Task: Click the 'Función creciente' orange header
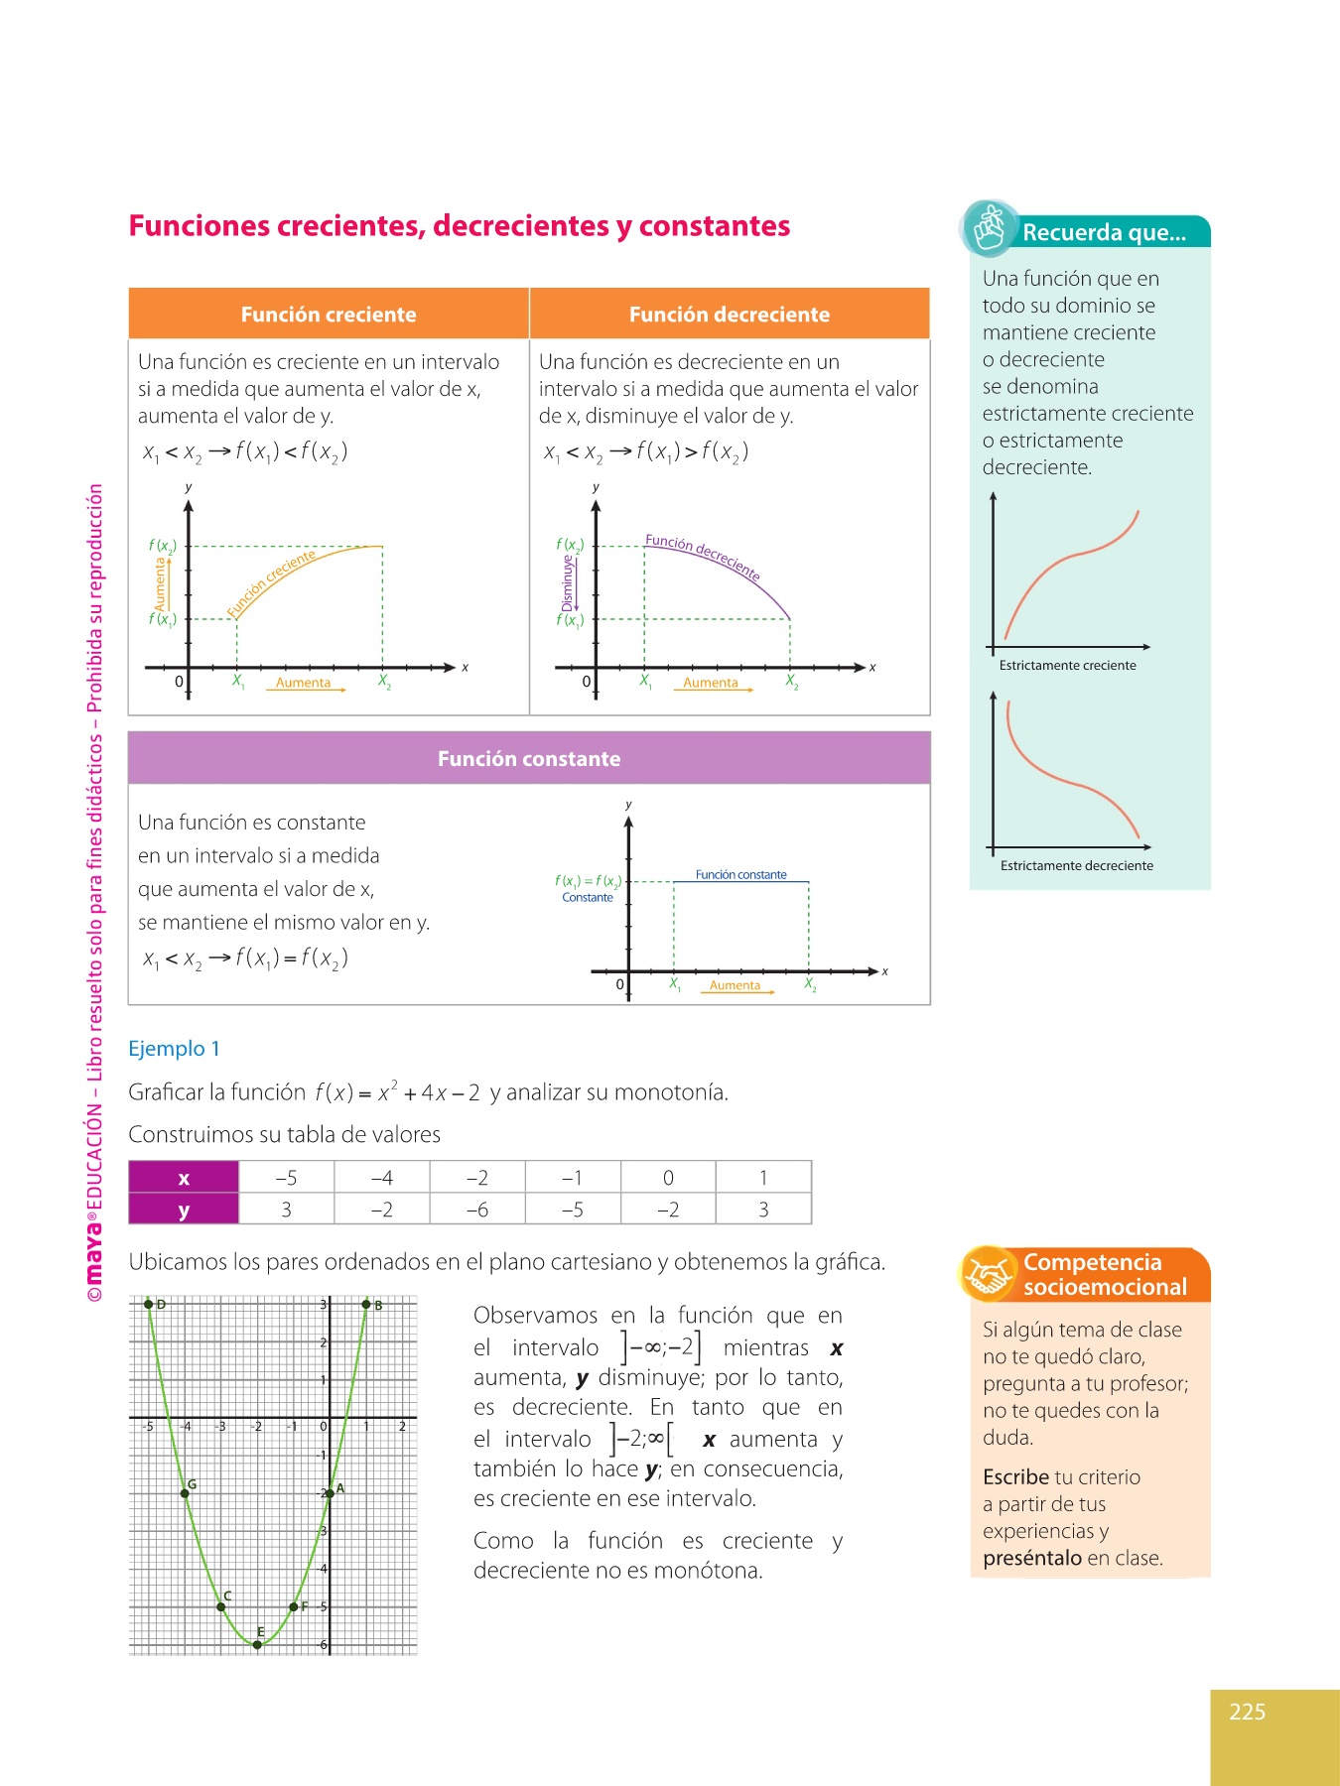pyautogui.click(x=329, y=315)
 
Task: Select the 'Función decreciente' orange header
pyautogui.click(x=730, y=315)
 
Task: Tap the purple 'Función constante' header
pyautogui.click(x=529, y=759)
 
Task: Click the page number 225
pyautogui.click(x=1247, y=1712)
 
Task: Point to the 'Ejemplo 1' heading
pyautogui.click(x=175, y=1049)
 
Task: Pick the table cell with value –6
pyautogui.click(x=477, y=1210)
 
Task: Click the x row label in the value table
pyautogui.click(x=184, y=1178)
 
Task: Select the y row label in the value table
pyautogui.click(x=184, y=1210)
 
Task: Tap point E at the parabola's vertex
pyautogui.click(x=257, y=1644)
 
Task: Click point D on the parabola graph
pyautogui.click(x=149, y=1304)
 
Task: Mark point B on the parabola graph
pyautogui.click(x=366, y=1304)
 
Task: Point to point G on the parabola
pyautogui.click(x=186, y=1493)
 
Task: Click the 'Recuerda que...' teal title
pyautogui.click(x=1105, y=233)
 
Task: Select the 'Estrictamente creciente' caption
pyautogui.click(x=1067, y=666)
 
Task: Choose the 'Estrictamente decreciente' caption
pyautogui.click(x=1077, y=866)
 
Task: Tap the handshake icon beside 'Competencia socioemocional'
pyautogui.click(x=988, y=1274)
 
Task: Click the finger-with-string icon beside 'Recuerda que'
pyautogui.click(x=990, y=228)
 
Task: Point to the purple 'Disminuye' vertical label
pyautogui.click(x=568, y=582)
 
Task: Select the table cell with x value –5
pyautogui.click(x=286, y=1178)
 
